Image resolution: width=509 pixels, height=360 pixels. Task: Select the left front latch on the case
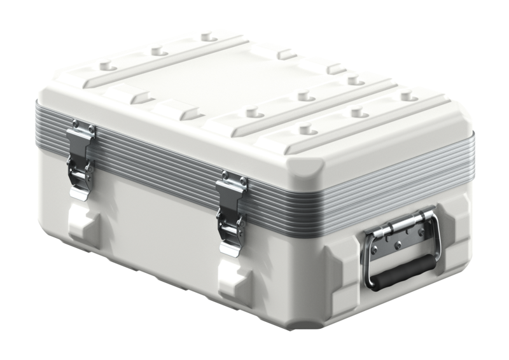pyautogui.click(x=81, y=159)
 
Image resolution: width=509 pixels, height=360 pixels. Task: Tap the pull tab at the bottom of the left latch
pyautogui.click(x=79, y=191)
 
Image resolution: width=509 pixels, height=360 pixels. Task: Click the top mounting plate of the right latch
pyautogui.click(x=232, y=184)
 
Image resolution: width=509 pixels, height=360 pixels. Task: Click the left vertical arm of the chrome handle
pyautogui.click(x=370, y=261)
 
